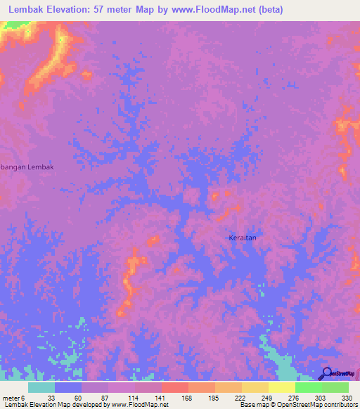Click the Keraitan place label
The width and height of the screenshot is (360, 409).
click(243, 238)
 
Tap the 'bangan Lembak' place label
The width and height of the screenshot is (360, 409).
click(27, 167)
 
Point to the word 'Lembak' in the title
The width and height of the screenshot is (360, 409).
click(29, 9)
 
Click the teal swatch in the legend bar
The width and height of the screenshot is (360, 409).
click(41, 387)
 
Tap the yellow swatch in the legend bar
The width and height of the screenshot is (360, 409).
click(281, 387)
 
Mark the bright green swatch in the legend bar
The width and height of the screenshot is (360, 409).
click(308, 387)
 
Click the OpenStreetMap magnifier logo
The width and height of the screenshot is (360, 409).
click(327, 373)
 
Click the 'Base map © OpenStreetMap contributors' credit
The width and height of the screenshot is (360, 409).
click(299, 405)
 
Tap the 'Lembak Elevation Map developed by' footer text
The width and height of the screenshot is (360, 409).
click(54, 405)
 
